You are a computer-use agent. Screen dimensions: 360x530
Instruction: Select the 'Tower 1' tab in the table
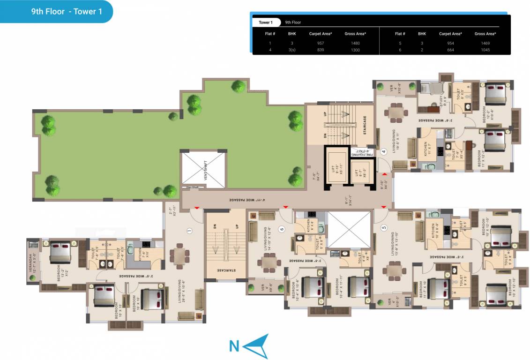(265, 22)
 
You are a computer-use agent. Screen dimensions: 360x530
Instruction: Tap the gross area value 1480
(355, 43)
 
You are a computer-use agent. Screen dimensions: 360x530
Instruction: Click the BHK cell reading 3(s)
(292, 50)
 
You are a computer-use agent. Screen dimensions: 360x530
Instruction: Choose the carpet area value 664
(450, 50)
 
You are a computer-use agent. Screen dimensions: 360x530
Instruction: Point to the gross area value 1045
(485, 50)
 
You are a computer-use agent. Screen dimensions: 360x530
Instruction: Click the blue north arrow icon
(256, 345)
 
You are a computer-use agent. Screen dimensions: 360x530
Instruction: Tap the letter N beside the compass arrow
(234, 346)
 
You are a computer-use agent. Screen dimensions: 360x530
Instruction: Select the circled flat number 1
(189, 231)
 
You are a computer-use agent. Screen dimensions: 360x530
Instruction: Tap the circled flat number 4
(384, 151)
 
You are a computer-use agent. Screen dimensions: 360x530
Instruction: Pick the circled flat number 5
(384, 229)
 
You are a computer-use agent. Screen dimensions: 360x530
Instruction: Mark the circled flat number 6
(282, 229)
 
